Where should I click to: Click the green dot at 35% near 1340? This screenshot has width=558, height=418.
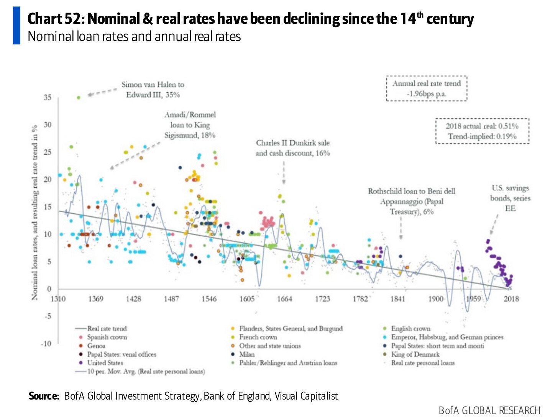(78, 98)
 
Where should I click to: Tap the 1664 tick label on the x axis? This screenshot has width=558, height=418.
(284, 299)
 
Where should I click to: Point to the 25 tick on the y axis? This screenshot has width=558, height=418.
(47, 152)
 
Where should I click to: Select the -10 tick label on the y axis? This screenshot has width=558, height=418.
(46, 344)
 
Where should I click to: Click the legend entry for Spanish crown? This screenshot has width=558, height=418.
(107, 337)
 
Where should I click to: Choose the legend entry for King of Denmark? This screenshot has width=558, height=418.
(415, 354)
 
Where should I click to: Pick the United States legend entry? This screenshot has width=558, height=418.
(105, 363)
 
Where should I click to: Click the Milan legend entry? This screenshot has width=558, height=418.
(247, 354)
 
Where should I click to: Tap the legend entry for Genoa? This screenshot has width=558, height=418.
(96, 346)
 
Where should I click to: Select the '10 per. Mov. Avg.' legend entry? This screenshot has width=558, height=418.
(146, 371)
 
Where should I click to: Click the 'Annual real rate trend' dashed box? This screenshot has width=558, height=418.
(427, 89)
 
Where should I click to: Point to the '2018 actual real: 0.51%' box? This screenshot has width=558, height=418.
(482, 131)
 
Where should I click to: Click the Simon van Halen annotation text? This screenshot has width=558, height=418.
(153, 90)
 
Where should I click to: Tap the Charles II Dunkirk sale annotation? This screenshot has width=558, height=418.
(293, 148)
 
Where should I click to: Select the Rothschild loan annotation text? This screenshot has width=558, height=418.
(412, 201)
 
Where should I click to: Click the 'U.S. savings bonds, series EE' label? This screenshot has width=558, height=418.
(510, 198)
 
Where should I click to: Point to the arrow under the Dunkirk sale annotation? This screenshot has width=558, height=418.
(284, 173)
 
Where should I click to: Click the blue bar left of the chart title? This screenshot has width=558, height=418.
(16, 25)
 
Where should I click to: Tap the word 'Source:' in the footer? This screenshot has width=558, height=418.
(44, 396)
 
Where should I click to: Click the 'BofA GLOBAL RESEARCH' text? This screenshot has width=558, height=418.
(489, 410)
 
